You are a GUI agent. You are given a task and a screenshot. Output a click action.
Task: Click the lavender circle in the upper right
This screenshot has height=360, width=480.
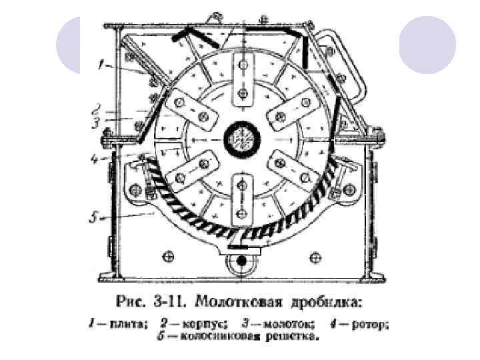click(427, 45)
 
